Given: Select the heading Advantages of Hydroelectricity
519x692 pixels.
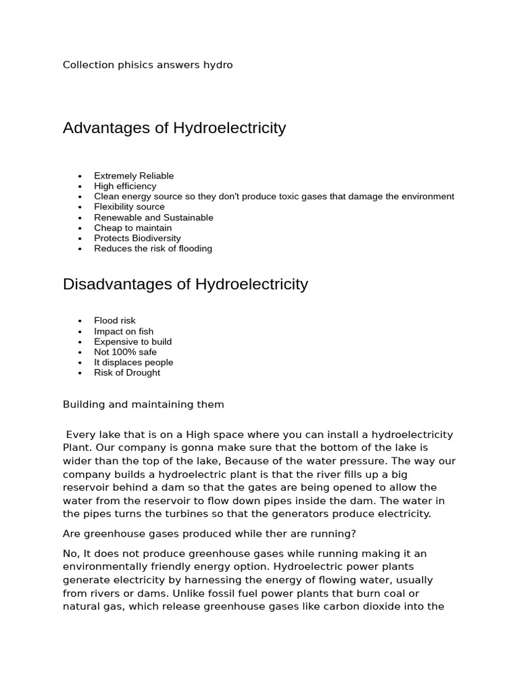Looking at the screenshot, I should (x=174, y=128).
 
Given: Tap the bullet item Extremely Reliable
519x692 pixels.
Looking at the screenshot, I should (x=134, y=176).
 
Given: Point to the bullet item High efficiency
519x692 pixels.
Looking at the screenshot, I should (x=125, y=186).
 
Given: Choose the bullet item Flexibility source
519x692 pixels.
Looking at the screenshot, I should (x=129, y=207).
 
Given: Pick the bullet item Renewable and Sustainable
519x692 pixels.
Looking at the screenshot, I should (x=153, y=218).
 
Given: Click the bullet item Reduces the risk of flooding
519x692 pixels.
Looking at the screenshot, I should (x=153, y=249).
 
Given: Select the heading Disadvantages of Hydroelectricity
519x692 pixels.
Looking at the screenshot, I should (x=185, y=284).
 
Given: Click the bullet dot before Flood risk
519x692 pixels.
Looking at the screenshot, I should (x=80, y=321).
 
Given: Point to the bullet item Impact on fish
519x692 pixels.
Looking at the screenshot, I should (x=124, y=331).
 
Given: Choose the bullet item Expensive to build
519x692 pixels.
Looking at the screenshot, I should (x=132, y=342).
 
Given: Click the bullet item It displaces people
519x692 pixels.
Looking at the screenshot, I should (x=133, y=362).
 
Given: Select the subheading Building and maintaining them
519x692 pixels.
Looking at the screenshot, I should (x=143, y=405).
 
